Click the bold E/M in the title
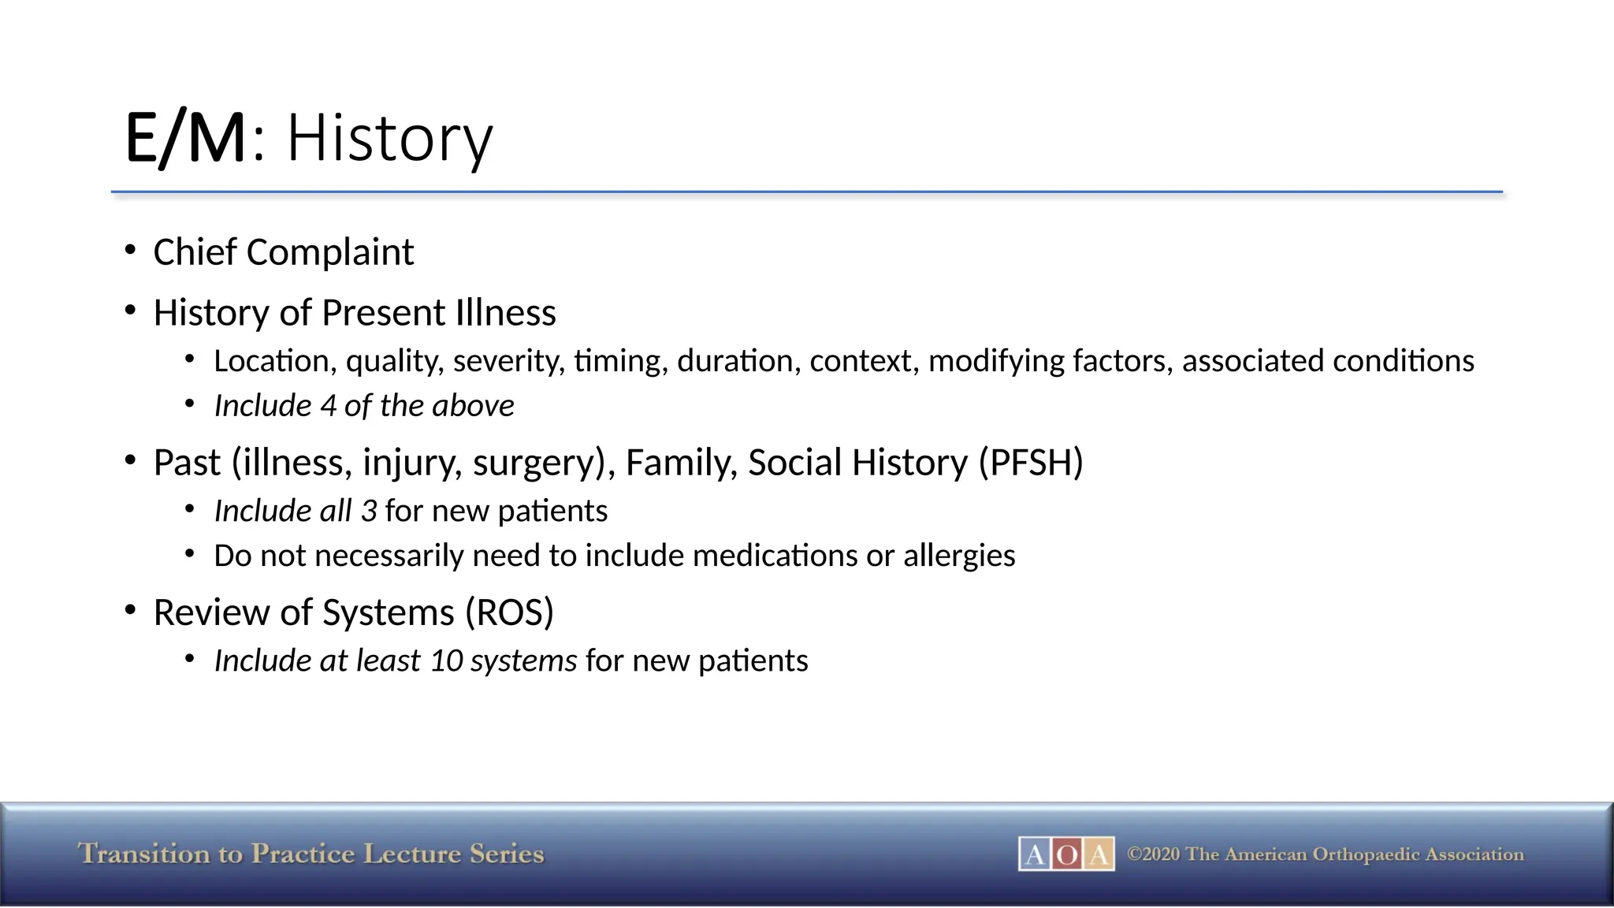[185, 139]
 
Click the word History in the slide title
[389, 139]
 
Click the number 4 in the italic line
[328, 406]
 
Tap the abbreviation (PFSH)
[1031, 463]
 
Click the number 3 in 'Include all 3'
[369, 511]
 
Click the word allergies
[959, 556]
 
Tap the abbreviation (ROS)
[510, 612]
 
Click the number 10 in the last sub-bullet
[446, 661]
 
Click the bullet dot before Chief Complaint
[131, 251]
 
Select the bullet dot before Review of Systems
[131, 611]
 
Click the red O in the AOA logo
[1066, 854]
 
